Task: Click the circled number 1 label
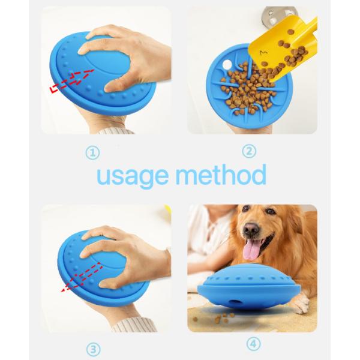92,154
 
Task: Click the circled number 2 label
249,151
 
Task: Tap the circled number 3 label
92,349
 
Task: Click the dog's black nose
251,230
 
